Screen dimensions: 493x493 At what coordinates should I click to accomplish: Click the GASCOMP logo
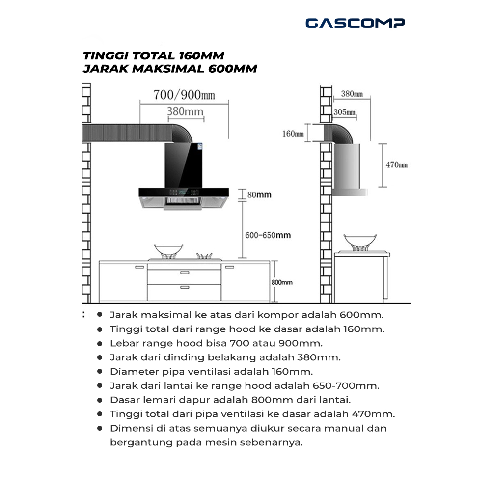[355, 23]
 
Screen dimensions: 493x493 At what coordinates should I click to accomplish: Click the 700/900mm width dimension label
[184, 94]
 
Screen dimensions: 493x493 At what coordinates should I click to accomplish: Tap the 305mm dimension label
[344, 112]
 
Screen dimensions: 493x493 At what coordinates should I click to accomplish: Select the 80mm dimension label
[259, 195]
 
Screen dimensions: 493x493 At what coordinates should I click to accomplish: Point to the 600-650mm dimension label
[268, 235]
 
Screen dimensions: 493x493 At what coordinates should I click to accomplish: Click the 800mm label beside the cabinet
[282, 282]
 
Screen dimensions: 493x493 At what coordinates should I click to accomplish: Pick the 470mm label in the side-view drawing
[396, 165]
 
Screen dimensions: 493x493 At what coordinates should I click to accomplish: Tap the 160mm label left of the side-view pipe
[293, 133]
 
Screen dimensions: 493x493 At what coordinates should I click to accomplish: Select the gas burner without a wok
[205, 256]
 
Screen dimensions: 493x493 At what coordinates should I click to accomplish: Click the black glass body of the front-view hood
[186, 164]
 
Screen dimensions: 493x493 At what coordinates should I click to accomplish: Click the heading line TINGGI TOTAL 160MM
[154, 55]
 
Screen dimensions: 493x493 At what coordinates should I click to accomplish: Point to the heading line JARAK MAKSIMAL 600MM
[170, 69]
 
